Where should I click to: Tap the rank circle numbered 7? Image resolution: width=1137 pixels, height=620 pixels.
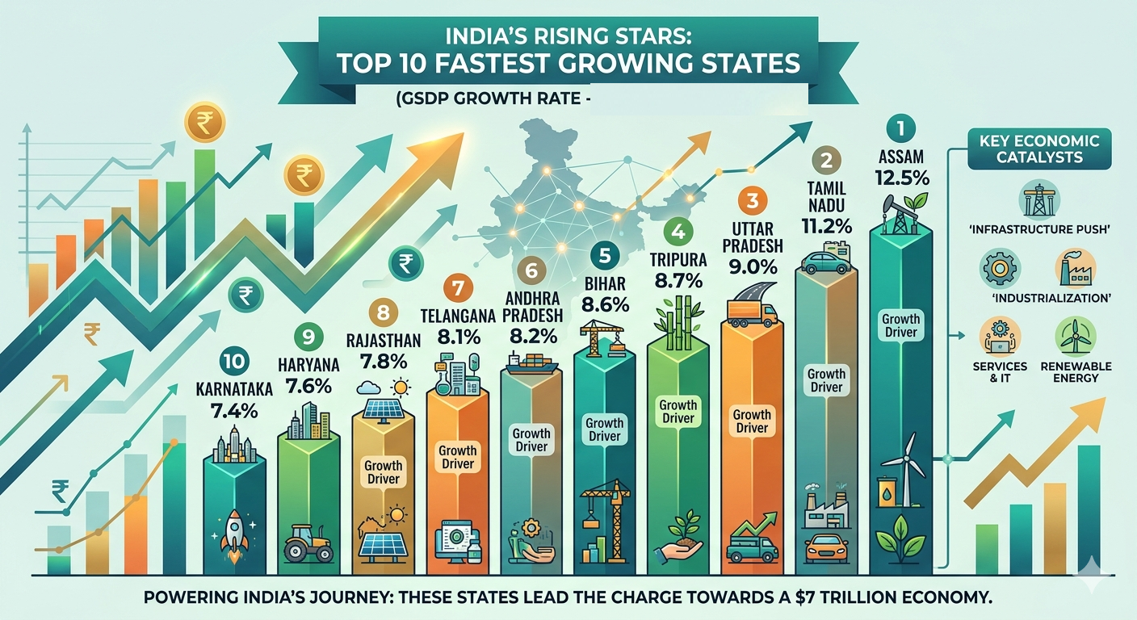pos(458,287)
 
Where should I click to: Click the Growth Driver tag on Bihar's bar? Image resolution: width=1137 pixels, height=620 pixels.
pos(604,429)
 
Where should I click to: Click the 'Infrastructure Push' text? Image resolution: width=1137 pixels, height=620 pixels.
pos(1038,229)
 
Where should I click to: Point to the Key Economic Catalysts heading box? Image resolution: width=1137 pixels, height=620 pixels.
pos(1038,149)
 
